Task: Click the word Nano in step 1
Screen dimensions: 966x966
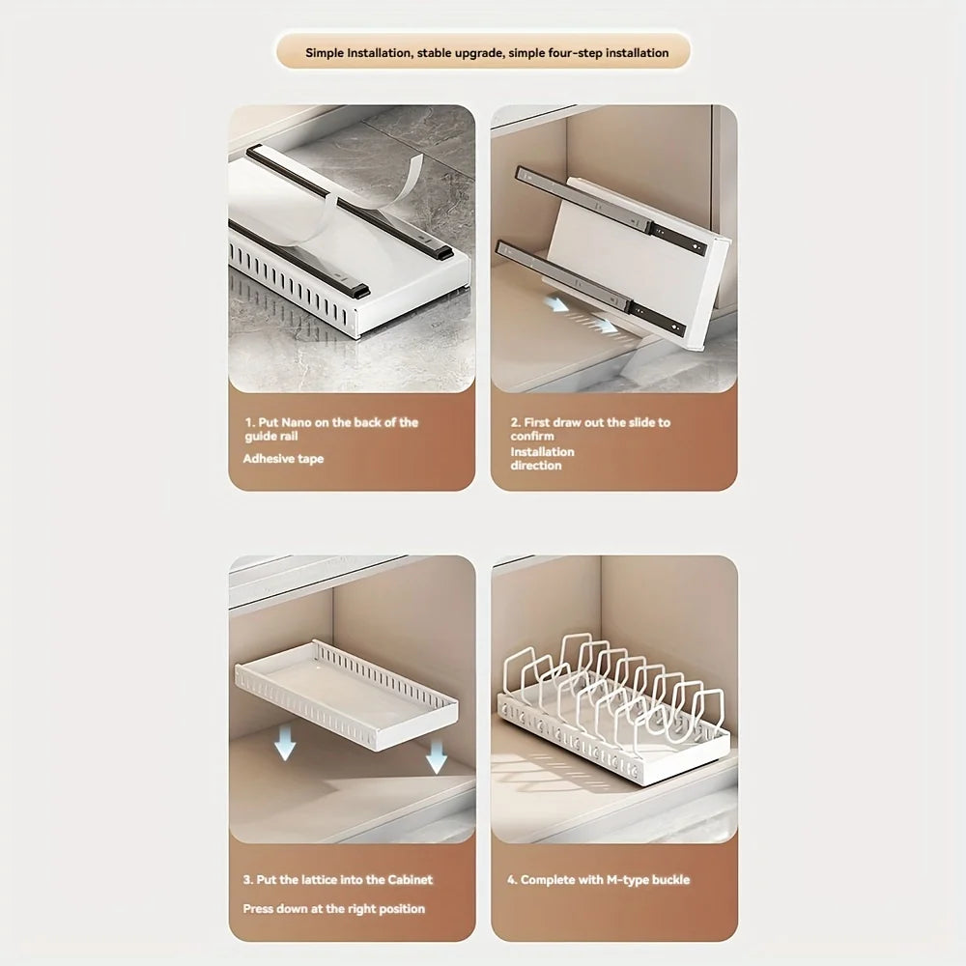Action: click(297, 423)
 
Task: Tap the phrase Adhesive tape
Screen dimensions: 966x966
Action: click(283, 459)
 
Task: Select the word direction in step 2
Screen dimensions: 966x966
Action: click(536, 466)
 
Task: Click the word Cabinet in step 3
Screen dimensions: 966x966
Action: click(411, 880)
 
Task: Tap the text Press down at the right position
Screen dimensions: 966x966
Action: click(334, 909)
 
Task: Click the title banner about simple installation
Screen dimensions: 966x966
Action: click(484, 52)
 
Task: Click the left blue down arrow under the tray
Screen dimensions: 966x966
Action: click(285, 743)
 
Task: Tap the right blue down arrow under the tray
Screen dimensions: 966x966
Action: click(437, 756)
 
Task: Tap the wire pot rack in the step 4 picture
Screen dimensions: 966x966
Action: click(613, 708)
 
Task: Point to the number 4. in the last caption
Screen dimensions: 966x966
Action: click(512, 880)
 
